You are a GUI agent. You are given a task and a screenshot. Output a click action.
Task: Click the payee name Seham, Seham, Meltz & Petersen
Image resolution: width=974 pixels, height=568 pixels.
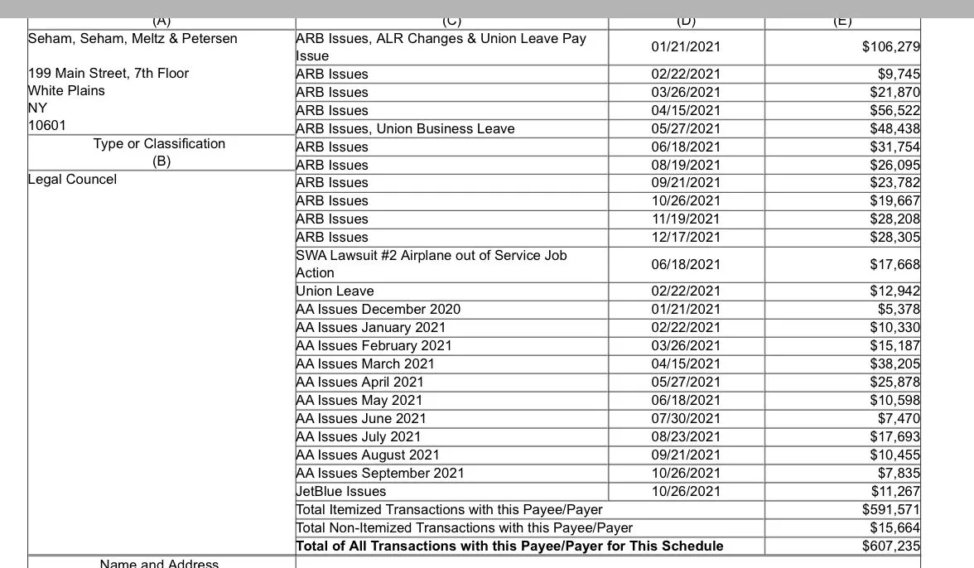133,39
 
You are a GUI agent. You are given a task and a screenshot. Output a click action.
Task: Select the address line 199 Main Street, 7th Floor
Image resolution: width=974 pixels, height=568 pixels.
108,74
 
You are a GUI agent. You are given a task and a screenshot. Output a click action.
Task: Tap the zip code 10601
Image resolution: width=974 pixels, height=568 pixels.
46,126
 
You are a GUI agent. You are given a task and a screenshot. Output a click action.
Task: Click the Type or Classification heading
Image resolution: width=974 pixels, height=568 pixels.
159,144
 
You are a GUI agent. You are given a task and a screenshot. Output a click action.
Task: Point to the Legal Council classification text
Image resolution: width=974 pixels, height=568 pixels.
72,180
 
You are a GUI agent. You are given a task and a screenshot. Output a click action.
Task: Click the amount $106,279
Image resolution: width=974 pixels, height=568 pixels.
890,47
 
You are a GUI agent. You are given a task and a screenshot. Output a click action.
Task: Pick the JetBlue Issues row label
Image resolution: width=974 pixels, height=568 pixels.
341,492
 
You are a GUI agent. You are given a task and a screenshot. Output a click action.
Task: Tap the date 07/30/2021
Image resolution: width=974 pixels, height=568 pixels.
686,419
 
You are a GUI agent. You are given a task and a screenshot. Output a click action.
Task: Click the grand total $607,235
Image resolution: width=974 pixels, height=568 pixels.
890,546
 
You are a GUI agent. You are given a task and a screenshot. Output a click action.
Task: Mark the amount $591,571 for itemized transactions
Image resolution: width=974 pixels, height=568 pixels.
890,510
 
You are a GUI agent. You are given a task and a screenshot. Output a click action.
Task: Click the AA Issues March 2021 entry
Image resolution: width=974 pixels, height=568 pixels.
364,364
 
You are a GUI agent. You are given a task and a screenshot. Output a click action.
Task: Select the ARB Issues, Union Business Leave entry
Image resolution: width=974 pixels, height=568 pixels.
405,129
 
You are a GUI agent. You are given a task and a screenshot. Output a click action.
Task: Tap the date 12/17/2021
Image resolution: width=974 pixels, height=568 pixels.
686,238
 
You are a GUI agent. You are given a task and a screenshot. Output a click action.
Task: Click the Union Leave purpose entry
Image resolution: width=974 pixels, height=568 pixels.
335,291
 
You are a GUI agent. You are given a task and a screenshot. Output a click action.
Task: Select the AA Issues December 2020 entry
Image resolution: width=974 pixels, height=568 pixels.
378,310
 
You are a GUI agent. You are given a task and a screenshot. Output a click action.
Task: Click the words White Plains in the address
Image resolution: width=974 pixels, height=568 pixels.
66,91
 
